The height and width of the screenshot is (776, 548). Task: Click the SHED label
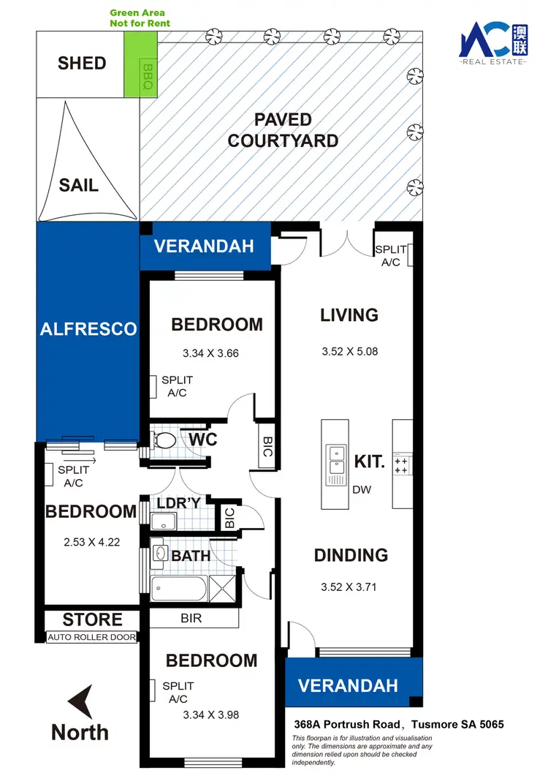point(82,64)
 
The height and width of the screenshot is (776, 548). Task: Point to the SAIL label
point(78,185)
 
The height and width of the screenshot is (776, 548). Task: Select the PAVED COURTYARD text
point(283,129)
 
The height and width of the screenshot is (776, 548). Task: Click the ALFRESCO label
point(88,329)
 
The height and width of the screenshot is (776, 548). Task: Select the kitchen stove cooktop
point(402,464)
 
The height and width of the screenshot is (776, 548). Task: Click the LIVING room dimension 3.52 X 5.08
point(349,351)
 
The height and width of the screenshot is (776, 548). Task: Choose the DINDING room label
point(351,556)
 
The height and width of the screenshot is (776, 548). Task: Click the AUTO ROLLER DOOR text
point(92,637)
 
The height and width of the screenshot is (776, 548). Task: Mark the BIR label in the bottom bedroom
point(194,618)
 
